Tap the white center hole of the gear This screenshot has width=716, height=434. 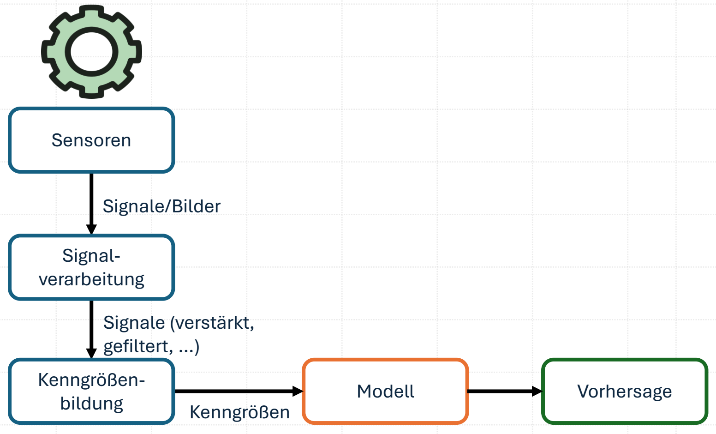(91, 52)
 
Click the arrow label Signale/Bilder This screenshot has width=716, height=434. (162, 206)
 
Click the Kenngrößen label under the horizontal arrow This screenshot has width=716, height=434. (240, 412)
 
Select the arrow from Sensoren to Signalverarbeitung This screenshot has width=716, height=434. (91, 204)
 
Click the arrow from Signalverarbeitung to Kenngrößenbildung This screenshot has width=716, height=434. (91, 329)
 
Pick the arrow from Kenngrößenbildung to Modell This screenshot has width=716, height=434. (239, 391)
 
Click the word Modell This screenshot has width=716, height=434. (386, 392)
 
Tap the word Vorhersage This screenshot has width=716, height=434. (625, 392)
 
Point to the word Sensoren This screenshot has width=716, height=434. (91, 140)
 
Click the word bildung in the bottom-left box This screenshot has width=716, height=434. (92, 404)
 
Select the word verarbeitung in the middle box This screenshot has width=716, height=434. (91, 280)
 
